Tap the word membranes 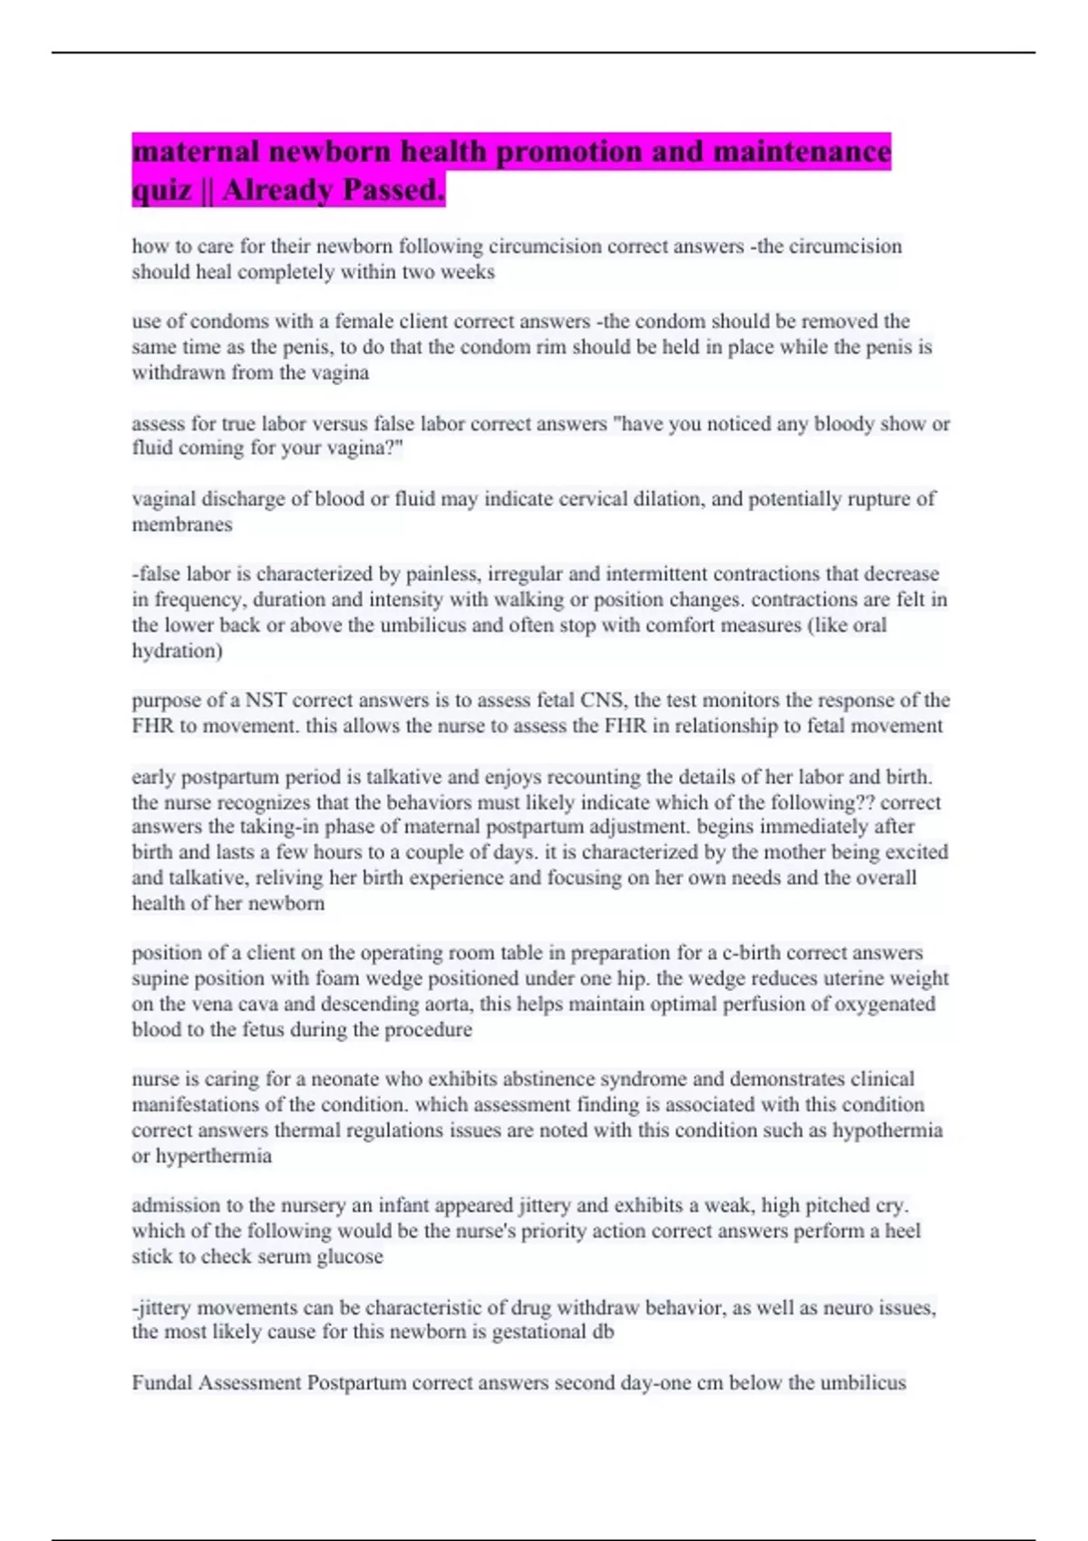(182, 524)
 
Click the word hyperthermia (214, 1156)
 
